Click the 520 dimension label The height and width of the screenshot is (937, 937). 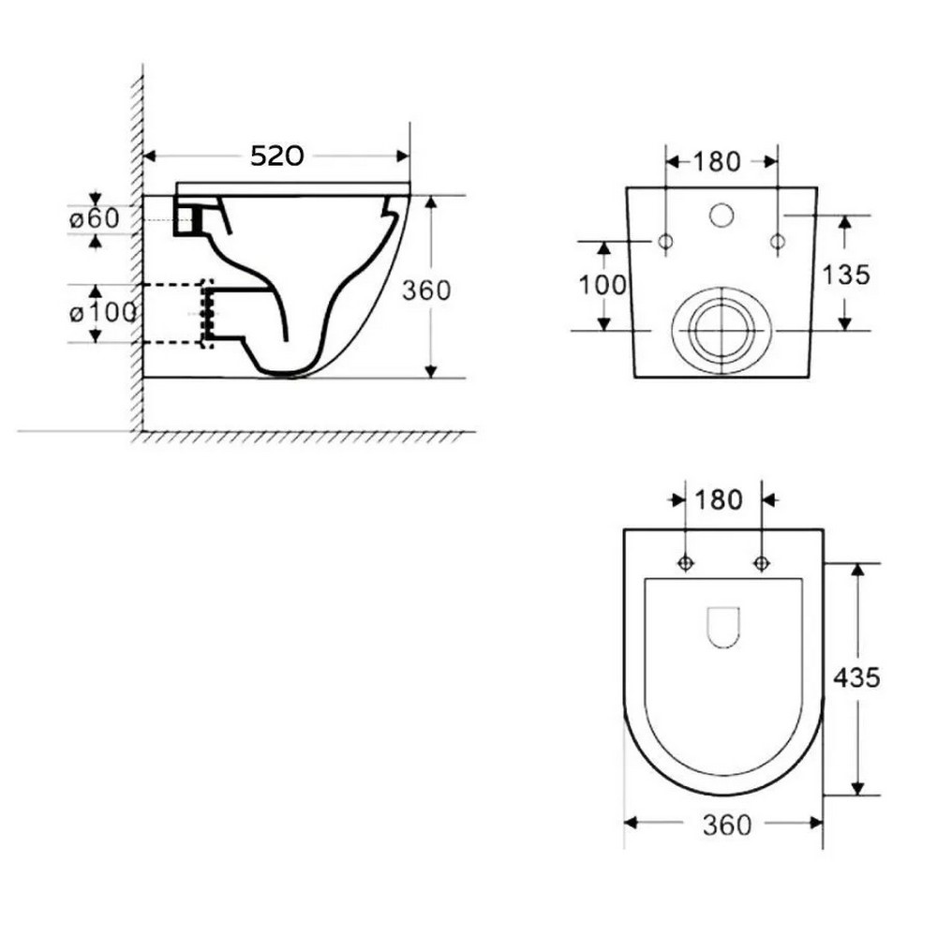click(276, 156)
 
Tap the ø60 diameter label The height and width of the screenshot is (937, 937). click(95, 218)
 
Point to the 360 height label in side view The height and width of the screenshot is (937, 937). click(426, 290)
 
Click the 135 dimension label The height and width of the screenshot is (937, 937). click(846, 275)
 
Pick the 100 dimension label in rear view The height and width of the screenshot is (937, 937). click(602, 286)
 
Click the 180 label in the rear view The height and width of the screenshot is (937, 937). click(717, 161)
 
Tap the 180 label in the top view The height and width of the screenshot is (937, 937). click(719, 499)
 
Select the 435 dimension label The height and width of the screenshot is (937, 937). click(857, 677)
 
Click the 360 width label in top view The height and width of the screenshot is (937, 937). click(727, 825)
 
